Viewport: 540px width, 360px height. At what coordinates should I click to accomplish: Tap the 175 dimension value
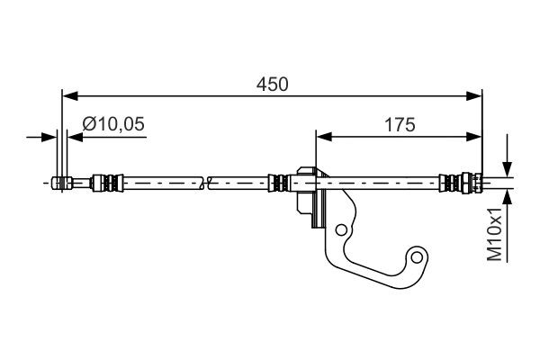(x=398, y=126)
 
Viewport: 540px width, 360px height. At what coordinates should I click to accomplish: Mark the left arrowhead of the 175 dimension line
(x=322, y=137)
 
